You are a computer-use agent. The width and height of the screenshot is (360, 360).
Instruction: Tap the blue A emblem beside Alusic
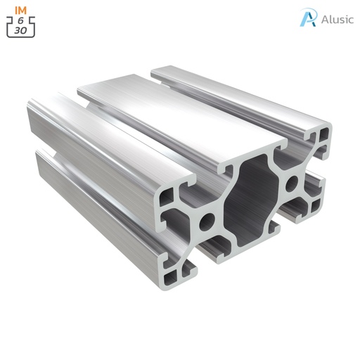[x=308, y=18]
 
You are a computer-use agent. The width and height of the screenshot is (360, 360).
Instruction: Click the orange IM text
[x=21, y=9]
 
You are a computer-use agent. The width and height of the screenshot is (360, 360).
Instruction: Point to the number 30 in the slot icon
[x=21, y=31]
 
